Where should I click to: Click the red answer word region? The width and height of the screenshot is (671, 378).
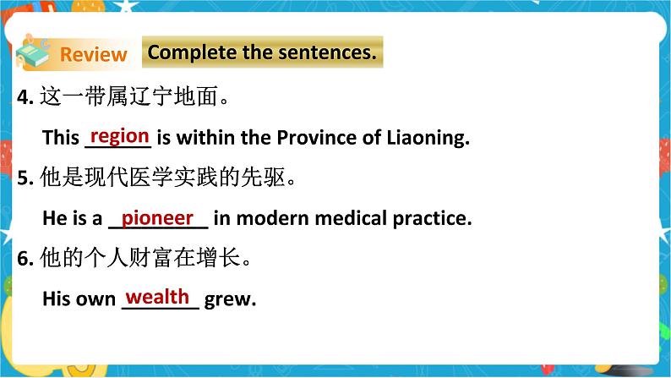point(119,136)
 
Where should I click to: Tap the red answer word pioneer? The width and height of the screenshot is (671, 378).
point(157,217)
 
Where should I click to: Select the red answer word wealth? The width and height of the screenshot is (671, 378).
point(157,297)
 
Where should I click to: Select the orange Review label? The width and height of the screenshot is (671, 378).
point(93,55)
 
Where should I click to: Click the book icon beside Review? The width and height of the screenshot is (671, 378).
point(34,52)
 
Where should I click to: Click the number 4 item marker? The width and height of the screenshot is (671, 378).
point(24,98)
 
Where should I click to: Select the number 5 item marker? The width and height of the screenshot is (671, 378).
point(24,179)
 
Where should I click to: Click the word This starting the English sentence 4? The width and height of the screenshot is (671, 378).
point(60,138)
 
